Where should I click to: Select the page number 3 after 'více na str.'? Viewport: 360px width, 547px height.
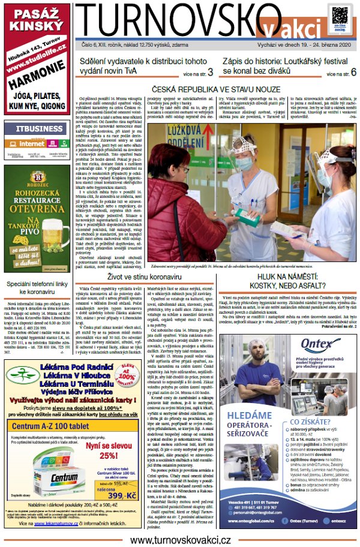click(210, 73)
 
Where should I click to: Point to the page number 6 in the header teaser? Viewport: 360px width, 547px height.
click(354, 72)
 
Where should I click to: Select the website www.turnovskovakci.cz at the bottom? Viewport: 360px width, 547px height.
click(180, 540)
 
